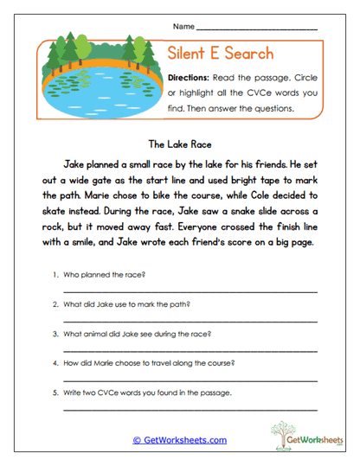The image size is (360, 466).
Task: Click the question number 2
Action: (x=55, y=303)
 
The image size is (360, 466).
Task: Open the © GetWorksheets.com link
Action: (x=179, y=439)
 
